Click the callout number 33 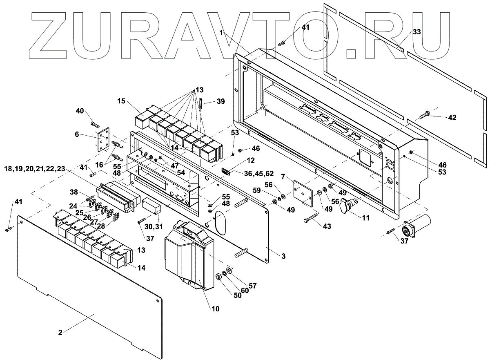[416, 31]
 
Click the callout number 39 [220, 101]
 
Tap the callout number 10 [215, 309]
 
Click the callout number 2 [60, 333]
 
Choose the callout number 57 [252, 285]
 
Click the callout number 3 [283, 256]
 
